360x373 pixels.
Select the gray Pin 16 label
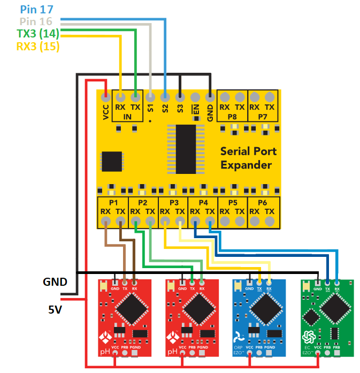click(x=37, y=21)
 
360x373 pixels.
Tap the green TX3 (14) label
click(x=37, y=34)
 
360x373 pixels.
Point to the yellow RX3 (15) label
click(x=37, y=47)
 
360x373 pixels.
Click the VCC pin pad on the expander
click(x=106, y=97)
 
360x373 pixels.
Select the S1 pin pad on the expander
click(x=151, y=97)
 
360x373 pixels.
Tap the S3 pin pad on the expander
click(x=181, y=97)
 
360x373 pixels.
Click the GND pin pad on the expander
click(x=210, y=97)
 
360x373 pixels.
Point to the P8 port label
click(x=232, y=116)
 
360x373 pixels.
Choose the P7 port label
click(x=263, y=116)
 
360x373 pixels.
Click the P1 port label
click(x=113, y=203)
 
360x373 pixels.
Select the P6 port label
click(x=263, y=203)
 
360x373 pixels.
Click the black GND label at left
click(x=55, y=281)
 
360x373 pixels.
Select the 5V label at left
click(x=56, y=309)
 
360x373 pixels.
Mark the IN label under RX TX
click(x=128, y=117)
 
